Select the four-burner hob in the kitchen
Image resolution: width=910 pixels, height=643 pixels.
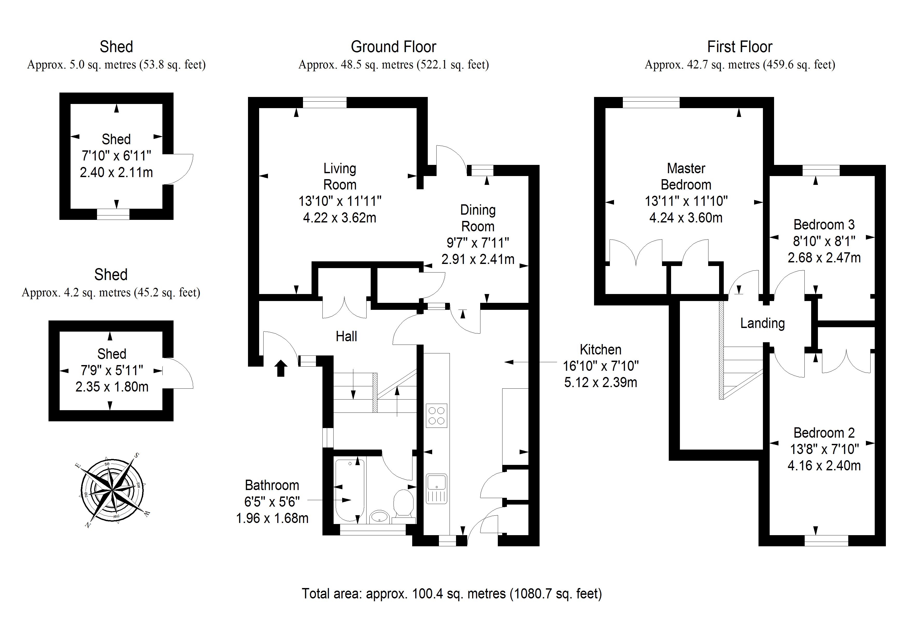436,416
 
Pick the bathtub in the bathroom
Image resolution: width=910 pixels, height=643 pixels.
350,490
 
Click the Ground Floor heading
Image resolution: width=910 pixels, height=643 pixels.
393,47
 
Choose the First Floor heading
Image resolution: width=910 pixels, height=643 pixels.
740,47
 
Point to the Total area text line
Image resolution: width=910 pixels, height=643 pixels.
452,593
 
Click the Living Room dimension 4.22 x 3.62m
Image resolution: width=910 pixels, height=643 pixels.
340,218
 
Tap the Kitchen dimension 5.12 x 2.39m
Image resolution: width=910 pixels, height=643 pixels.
601,382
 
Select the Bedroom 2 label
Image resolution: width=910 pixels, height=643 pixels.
824,433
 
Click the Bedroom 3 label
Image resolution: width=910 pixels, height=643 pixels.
824,225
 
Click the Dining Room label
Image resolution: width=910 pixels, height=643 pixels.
478,218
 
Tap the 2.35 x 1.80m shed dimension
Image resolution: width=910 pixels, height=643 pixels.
112,387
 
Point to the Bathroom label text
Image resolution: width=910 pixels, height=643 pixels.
272,485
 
